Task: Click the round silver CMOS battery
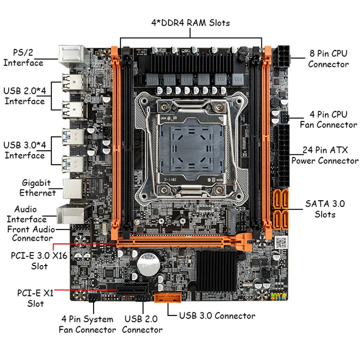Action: tap(148, 265)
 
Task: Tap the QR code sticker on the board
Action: tap(281, 242)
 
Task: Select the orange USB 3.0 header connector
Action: tap(167, 298)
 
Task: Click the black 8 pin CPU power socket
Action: tap(281, 58)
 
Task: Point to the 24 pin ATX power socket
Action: tap(282, 156)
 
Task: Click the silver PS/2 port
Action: tap(74, 57)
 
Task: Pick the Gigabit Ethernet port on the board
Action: tap(73, 189)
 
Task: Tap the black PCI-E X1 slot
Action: tap(132, 290)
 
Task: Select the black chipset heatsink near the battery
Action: tap(216, 271)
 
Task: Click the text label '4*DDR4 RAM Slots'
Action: tap(190, 23)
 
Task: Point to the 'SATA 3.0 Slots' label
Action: tap(325, 209)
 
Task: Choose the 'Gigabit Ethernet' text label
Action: tap(37, 188)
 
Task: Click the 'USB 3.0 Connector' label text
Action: tap(217, 316)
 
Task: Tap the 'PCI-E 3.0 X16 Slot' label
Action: tap(39, 261)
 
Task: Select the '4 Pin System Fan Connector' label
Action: tap(87, 324)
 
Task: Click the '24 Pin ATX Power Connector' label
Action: tap(325, 155)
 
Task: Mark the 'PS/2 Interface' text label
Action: tap(23, 58)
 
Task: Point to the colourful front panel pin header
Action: tap(279, 297)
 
